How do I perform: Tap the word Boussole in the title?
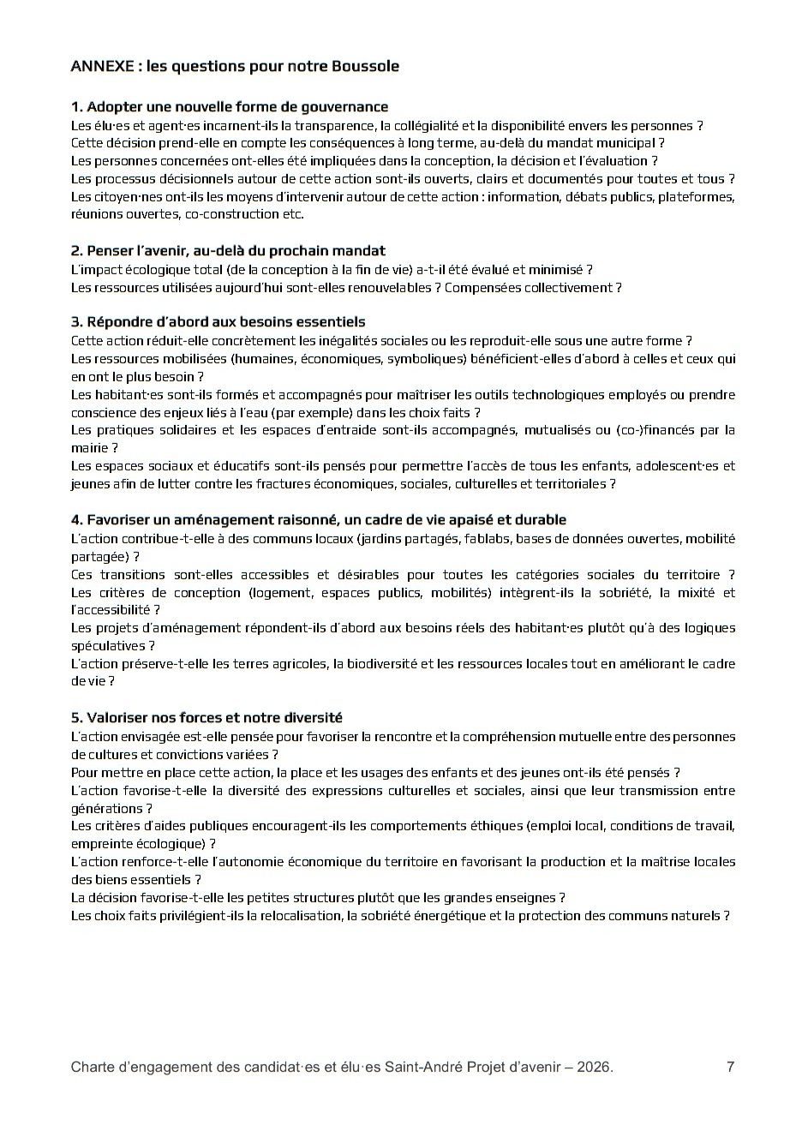coord(366,66)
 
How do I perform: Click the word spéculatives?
coord(108,646)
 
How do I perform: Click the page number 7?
coord(730,1068)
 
